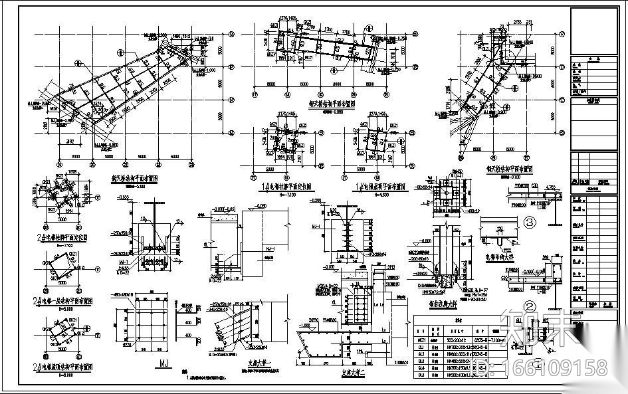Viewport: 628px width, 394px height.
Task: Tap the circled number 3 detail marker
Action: coord(530,222)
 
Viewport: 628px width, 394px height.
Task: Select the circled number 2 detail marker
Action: coord(530,306)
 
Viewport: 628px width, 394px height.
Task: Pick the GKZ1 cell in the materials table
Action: coord(421,339)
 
